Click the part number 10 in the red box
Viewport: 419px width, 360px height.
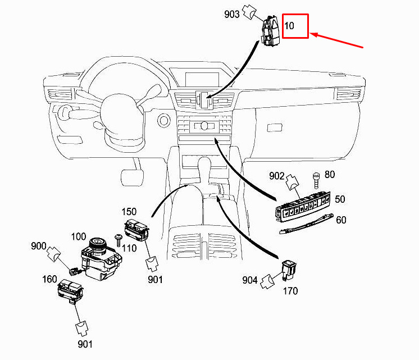290,26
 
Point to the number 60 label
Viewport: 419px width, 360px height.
341,220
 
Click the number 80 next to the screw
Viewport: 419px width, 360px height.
329,175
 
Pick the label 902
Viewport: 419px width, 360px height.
276,176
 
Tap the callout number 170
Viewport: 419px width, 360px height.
290,291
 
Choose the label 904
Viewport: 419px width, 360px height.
250,280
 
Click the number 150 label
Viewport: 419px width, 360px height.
129,212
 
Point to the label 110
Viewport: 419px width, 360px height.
130,248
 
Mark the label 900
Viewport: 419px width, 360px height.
38,246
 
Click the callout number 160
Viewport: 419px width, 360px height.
49,279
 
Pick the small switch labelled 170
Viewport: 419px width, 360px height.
289,268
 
